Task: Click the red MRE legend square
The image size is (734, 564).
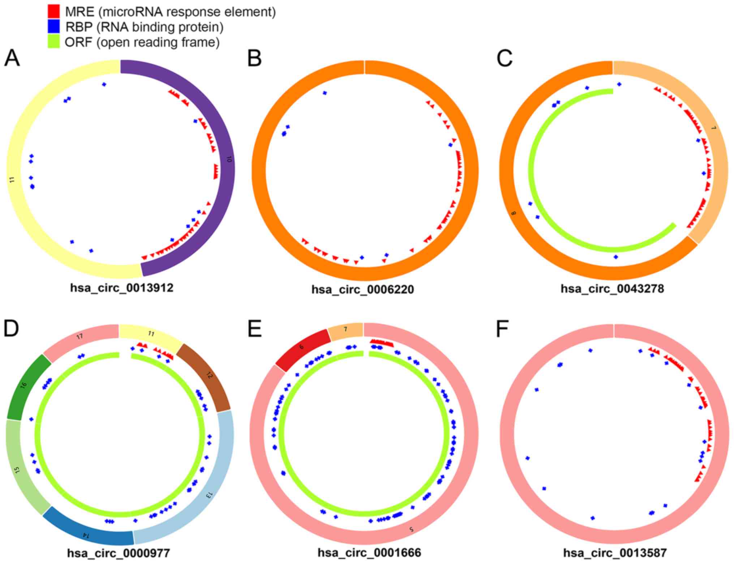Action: (x=54, y=12)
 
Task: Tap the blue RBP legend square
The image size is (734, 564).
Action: (x=54, y=27)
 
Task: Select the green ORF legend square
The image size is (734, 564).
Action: (x=54, y=42)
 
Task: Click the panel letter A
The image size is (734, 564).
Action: (x=12, y=58)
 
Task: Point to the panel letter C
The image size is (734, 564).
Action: (x=505, y=58)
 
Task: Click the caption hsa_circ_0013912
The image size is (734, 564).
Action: (x=122, y=288)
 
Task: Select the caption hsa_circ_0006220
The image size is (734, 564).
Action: (x=362, y=289)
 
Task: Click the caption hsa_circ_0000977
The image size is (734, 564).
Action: (x=119, y=553)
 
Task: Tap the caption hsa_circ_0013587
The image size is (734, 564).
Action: (x=615, y=553)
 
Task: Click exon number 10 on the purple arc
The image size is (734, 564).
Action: (x=228, y=159)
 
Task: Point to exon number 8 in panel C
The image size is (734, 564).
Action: (x=514, y=213)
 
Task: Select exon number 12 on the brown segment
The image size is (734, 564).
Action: (x=209, y=375)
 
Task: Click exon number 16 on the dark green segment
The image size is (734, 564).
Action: (x=24, y=385)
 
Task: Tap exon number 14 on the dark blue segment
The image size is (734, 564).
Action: (x=85, y=535)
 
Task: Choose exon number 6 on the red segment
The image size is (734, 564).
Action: (x=301, y=347)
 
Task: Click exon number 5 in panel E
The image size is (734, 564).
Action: (x=411, y=529)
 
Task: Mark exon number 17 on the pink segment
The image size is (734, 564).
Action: (x=80, y=336)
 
